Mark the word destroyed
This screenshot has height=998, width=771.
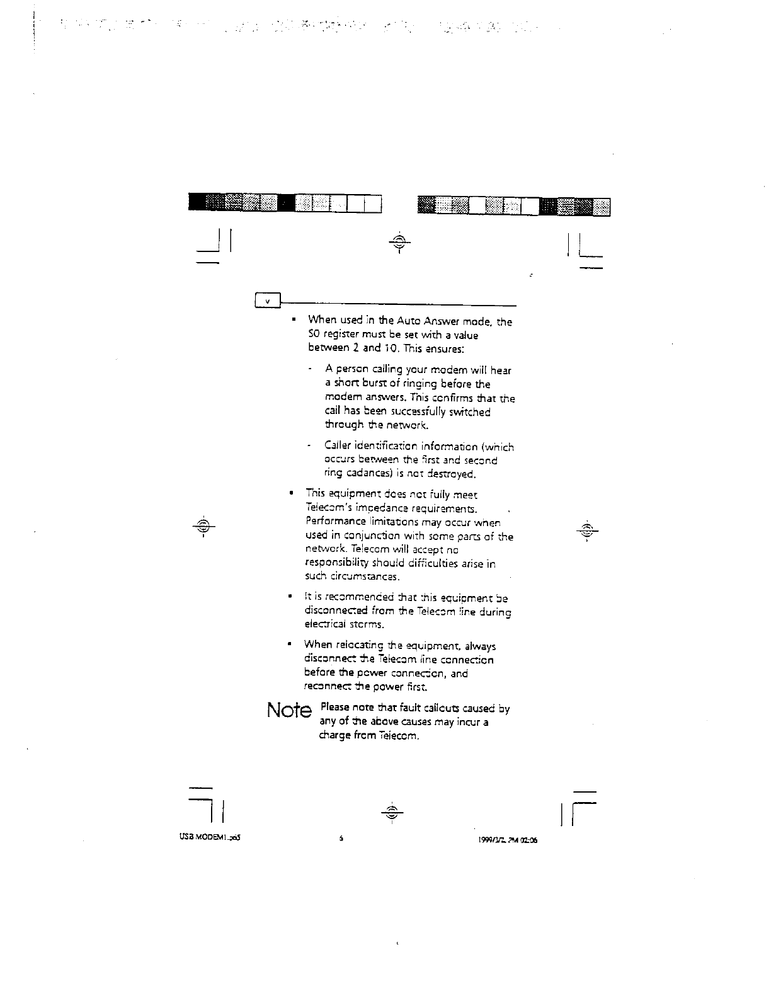point(454,473)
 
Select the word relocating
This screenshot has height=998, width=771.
point(359,645)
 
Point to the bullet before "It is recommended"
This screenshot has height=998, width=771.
point(288,596)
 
